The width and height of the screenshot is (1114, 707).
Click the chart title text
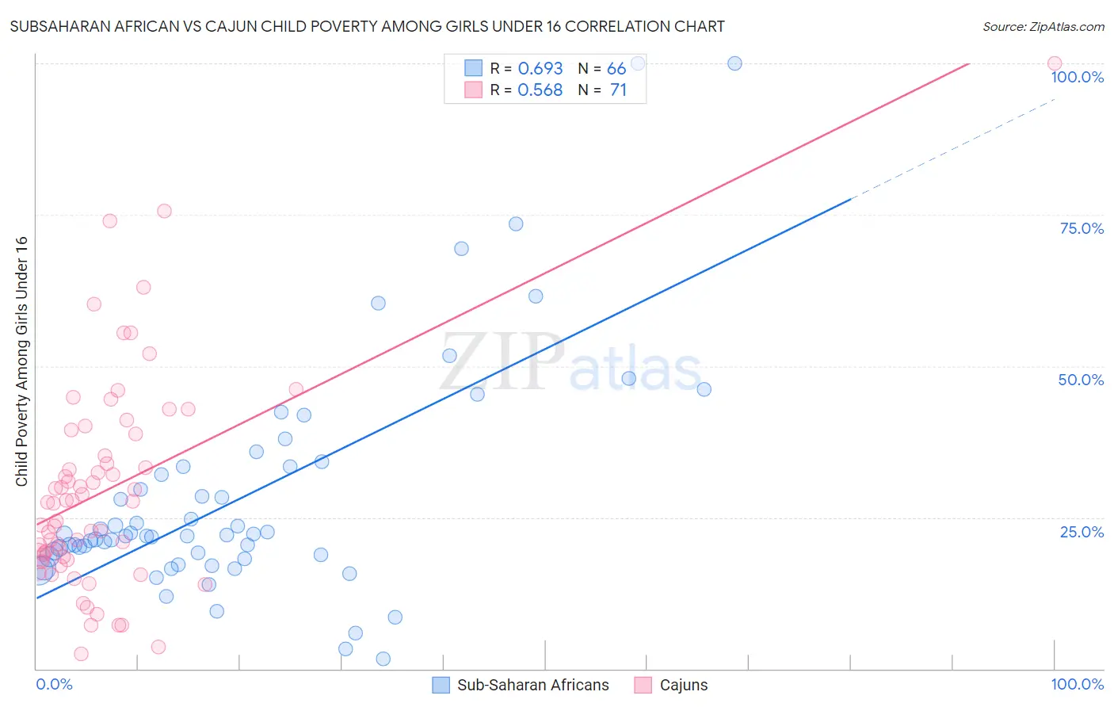367,26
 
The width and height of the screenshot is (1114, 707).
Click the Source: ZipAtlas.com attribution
1043,26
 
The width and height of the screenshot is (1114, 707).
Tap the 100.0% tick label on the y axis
1077,77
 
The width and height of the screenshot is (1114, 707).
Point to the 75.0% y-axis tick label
1082,228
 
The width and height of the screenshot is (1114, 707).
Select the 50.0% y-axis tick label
1081,380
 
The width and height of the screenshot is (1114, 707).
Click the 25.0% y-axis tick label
1082,531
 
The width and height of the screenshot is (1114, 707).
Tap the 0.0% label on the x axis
54,684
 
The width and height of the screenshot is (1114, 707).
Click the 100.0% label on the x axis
1077,684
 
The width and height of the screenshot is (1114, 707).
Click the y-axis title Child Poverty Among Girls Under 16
21,361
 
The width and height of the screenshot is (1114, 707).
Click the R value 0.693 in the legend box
540,69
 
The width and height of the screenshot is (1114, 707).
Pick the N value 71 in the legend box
618,90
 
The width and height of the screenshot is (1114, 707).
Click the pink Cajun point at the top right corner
1054,63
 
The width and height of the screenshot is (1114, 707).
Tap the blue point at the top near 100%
734,63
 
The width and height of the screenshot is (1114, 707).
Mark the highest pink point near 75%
164,211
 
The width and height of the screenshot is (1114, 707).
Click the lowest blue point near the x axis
383,659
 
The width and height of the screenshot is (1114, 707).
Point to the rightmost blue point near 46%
704,389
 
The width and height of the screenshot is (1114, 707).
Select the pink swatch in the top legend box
473,90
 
